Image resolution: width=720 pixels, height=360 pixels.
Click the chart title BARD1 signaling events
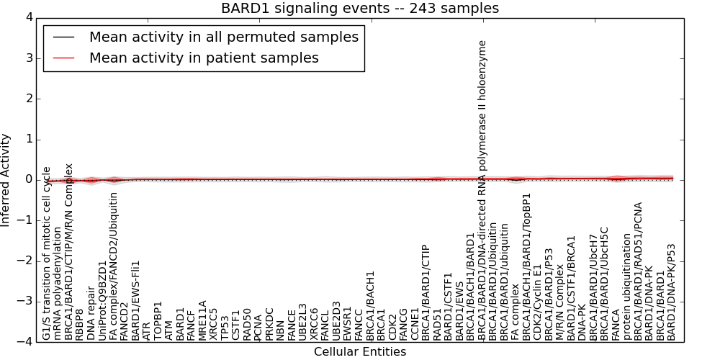pyautogui.click(x=359, y=9)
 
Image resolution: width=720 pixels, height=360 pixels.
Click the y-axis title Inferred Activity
pyautogui.click(x=6, y=179)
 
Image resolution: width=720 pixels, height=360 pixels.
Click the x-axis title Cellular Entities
pyautogui.click(x=359, y=351)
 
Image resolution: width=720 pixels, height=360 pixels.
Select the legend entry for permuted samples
pyautogui.click(x=223, y=37)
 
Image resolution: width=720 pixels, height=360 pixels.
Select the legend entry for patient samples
pyautogui.click(x=204, y=58)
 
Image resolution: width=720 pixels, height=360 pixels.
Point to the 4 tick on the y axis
pyautogui.click(x=28, y=17)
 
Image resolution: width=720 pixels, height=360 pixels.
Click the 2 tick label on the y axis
pyautogui.click(x=28, y=99)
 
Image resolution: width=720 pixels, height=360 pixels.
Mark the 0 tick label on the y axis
pyautogui.click(x=28, y=179)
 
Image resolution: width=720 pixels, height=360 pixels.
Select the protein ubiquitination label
pyautogui.click(x=627, y=287)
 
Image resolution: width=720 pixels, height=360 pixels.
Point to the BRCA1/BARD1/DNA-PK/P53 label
pyautogui.click(x=672, y=291)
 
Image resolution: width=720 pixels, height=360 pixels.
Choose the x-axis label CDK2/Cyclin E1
pyautogui.click(x=538, y=302)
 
